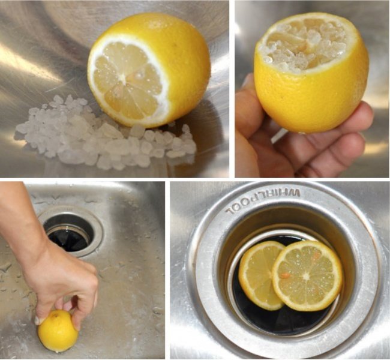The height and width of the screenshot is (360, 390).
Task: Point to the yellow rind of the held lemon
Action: [311, 100]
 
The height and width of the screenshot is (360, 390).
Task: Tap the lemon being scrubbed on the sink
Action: [58, 331]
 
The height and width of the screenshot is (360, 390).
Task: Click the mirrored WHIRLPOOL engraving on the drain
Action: [263, 202]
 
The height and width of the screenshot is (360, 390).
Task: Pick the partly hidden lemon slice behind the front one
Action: [259, 275]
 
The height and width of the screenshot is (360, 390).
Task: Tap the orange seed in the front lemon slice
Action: [285, 275]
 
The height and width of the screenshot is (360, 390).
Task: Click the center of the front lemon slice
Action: [307, 275]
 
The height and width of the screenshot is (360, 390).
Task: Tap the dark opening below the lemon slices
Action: [286, 321]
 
